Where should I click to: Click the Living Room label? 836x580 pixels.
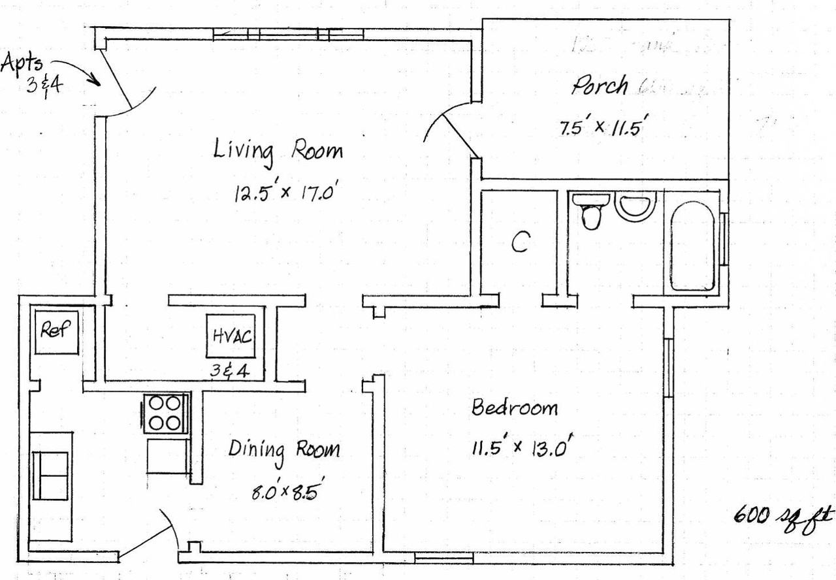point(278,151)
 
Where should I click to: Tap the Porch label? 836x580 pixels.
point(600,86)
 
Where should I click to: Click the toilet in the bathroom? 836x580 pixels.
point(592,210)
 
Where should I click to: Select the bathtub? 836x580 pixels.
point(692,246)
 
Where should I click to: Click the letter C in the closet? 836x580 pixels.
point(519,244)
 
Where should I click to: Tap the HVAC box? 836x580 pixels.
point(232,336)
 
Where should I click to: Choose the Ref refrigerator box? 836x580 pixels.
point(56,331)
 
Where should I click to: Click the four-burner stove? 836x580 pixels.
point(165,413)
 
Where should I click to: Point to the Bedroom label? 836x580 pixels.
point(515,408)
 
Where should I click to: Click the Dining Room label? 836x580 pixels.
point(284,450)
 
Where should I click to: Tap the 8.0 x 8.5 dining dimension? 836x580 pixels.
point(288,491)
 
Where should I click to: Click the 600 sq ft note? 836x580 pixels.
point(783,517)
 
